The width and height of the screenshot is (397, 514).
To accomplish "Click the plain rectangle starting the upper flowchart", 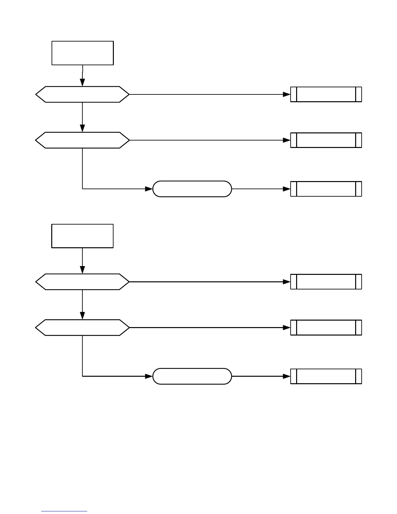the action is point(82,53).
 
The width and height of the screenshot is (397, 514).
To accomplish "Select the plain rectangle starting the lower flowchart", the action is point(82,236).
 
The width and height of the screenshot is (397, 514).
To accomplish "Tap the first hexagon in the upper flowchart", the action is point(82,94).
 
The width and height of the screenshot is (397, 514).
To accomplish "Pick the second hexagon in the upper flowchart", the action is point(82,140).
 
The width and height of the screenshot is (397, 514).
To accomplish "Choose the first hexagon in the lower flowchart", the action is point(82,282).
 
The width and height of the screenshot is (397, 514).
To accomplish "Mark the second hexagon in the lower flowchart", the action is point(82,327).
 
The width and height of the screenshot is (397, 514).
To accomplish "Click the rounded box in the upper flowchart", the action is point(192,189).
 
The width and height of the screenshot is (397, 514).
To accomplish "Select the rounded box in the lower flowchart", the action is point(192,376).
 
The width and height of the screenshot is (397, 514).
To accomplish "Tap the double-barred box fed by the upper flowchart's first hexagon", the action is point(326,94).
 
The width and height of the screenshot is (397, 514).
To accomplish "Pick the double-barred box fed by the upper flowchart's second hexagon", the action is point(326,140).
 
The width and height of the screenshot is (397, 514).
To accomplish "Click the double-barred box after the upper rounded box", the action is point(326,189).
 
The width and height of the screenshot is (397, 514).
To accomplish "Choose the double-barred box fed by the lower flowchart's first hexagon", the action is point(326,282).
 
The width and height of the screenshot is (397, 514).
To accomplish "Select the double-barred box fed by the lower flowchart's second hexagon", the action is point(326,327).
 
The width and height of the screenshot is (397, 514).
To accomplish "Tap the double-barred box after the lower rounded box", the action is point(326,376).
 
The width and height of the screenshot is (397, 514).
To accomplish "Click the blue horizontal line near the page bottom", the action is point(64,511).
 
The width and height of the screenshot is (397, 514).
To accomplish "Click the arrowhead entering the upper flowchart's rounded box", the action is point(149,189).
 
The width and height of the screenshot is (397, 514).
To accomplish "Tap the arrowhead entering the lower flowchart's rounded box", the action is point(149,376).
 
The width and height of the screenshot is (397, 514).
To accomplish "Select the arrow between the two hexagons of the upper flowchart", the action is point(82,117).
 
